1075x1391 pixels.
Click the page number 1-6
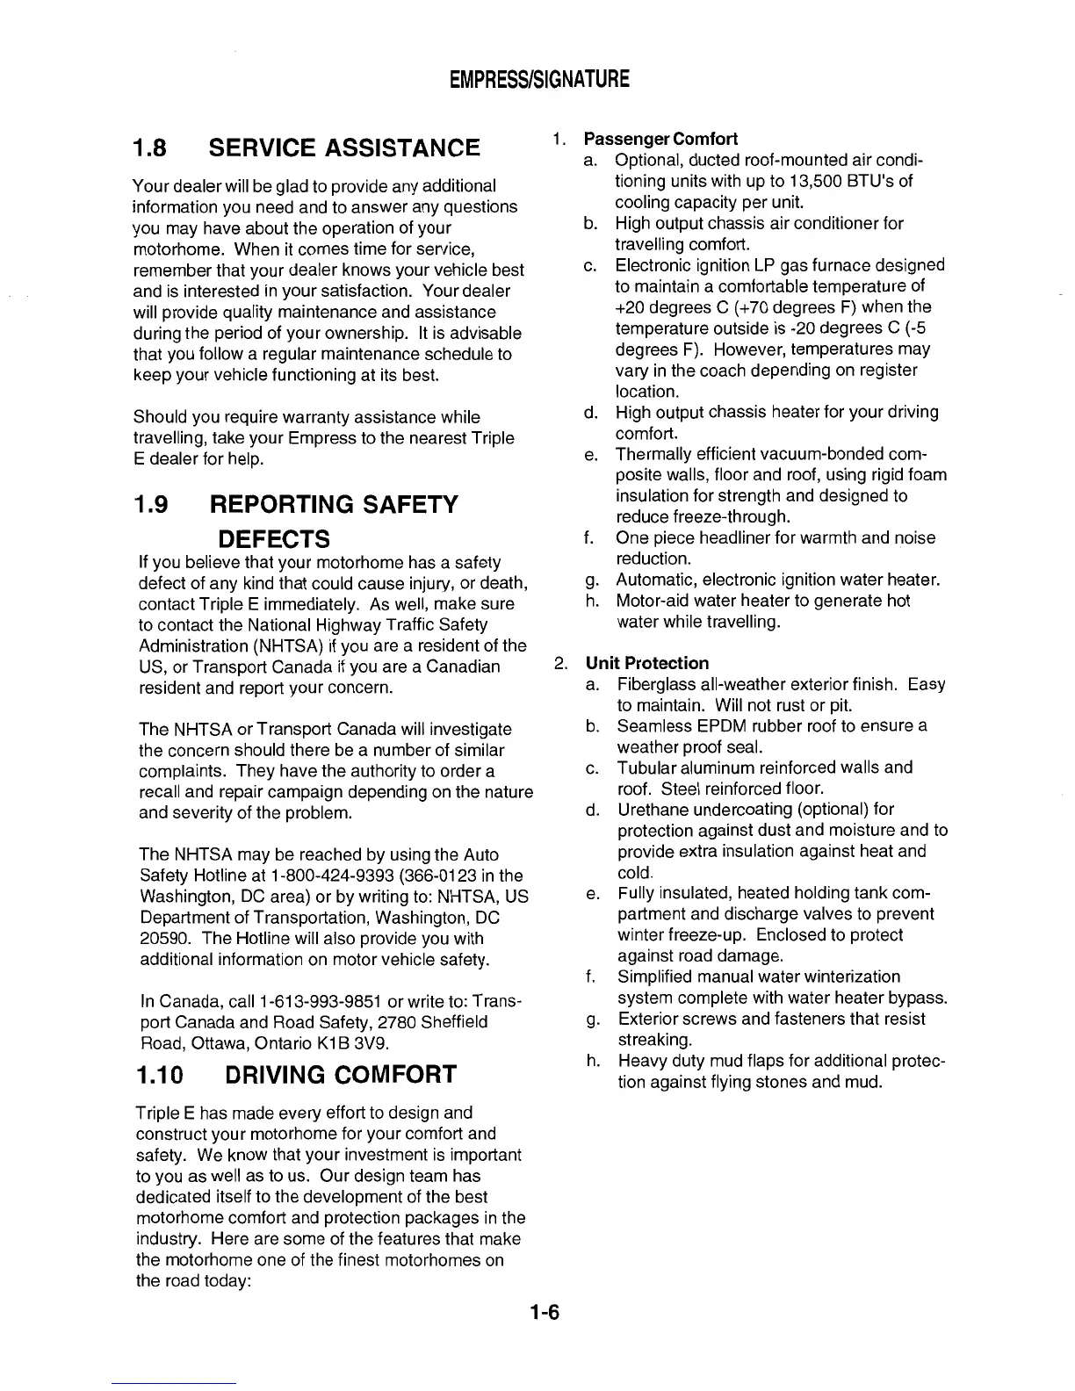[545, 1313]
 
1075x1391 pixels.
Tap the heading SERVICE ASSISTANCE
[344, 148]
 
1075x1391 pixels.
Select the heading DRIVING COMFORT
[341, 1075]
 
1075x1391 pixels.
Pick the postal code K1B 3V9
[354, 1044]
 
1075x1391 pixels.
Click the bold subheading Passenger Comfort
[660, 139]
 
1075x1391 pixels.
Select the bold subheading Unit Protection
[646, 663]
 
